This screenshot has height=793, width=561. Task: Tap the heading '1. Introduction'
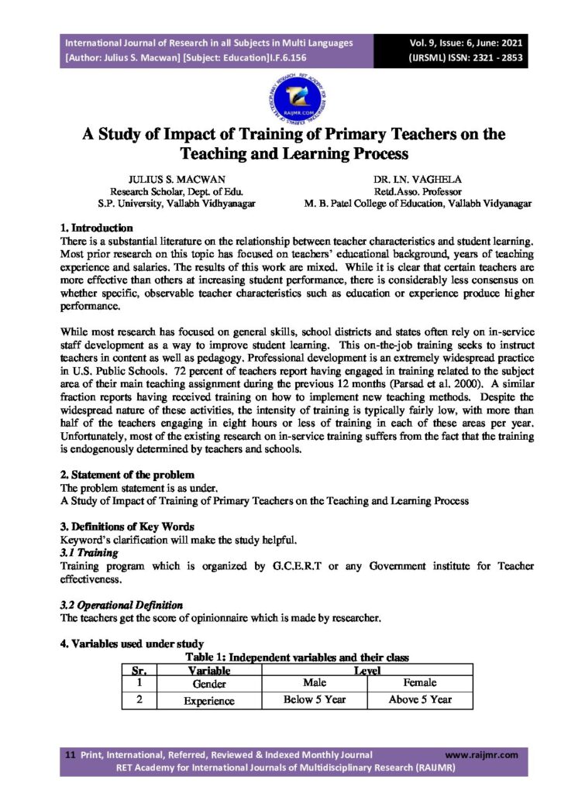(x=97, y=228)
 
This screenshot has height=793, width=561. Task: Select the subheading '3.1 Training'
(x=89, y=553)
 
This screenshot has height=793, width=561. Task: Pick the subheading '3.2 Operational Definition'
(x=122, y=605)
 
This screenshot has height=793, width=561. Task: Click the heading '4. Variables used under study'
(x=132, y=644)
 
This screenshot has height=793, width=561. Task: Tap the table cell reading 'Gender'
(x=208, y=684)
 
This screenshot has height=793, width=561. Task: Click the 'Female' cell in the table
(x=420, y=683)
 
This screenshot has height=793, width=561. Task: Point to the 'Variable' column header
(x=208, y=670)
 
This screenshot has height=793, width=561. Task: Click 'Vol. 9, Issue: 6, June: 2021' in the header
(x=469, y=43)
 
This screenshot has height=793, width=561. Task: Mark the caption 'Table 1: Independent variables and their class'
(x=297, y=657)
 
